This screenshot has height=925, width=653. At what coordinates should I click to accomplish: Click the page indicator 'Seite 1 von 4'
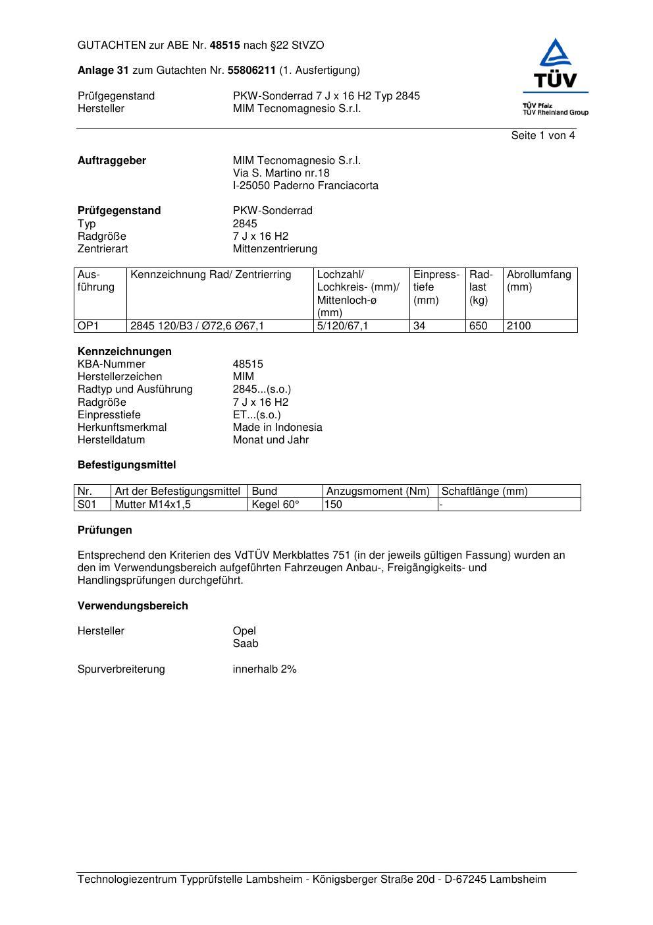click(542, 136)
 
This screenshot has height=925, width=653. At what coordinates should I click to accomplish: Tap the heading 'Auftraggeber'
click(112, 161)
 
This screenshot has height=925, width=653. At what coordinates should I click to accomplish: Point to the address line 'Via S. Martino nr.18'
click(281, 173)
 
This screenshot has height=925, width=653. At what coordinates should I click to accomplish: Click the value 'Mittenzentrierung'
click(274, 249)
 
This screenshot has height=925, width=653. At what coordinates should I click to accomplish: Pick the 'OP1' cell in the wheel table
click(88, 326)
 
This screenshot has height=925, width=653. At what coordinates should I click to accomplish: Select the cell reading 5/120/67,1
click(342, 326)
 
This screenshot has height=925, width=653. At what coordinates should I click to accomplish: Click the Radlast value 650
click(478, 326)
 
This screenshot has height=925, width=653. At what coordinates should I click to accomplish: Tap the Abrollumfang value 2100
click(519, 326)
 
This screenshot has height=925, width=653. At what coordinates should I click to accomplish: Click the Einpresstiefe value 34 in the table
click(419, 326)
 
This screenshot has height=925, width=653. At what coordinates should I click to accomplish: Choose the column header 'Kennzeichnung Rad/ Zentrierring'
click(211, 275)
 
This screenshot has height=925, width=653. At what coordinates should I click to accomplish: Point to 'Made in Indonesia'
click(277, 428)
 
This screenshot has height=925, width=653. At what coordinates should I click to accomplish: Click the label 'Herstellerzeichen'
click(120, 377)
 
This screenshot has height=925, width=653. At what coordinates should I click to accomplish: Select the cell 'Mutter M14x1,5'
click(148, 505)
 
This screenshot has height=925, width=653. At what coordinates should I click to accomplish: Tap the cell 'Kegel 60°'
click(275, 505)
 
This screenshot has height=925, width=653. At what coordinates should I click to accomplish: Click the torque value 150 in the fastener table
click(334, 505)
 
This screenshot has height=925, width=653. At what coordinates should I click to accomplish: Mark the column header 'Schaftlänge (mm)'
click(484, 491)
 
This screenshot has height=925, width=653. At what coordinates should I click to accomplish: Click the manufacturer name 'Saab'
click(246, 644)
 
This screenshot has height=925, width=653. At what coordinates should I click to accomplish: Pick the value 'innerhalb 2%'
click(265, 669)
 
